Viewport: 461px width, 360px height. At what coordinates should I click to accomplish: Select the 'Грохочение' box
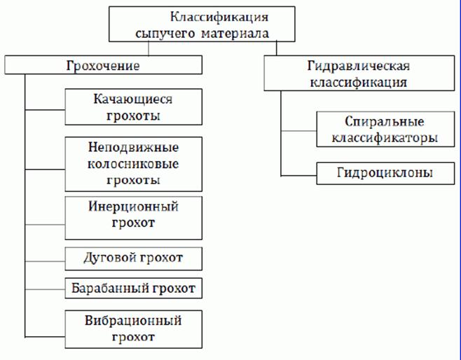103,66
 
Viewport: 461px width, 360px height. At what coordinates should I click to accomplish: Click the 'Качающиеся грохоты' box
133,108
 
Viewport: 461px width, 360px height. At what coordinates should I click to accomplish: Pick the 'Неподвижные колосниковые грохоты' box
133,165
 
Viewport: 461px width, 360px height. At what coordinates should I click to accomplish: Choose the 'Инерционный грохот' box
133,216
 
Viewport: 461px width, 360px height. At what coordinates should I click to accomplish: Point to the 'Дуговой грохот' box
133,258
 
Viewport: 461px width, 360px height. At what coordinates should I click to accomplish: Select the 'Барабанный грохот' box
133,287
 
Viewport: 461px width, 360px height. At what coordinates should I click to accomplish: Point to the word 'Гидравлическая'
358,66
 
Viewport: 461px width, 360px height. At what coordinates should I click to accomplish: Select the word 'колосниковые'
133,165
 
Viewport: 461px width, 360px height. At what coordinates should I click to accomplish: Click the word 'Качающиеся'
133,100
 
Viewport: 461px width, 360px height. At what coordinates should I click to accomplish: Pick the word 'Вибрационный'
133,321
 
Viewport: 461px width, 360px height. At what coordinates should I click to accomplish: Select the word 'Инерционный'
133,208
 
